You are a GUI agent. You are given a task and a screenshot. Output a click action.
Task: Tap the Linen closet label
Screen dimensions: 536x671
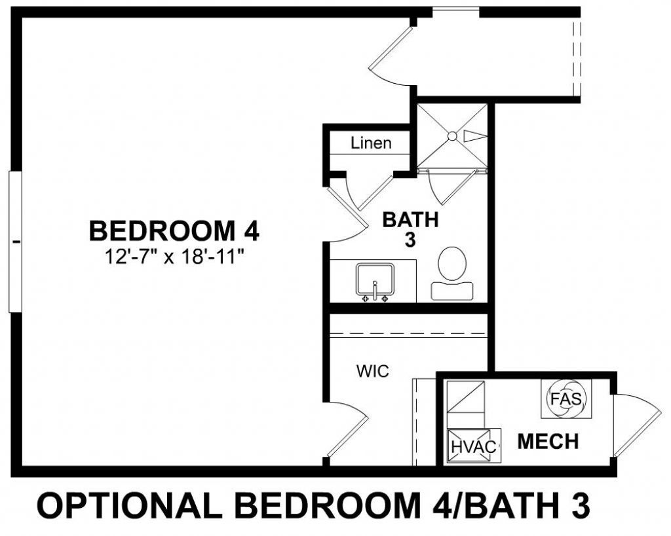coord(371,143)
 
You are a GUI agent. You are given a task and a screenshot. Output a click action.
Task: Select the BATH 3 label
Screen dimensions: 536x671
coord(410,229)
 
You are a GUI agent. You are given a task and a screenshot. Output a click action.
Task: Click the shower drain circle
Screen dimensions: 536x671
coord(451,135)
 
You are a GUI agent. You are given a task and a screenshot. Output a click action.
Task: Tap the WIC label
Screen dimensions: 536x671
coord(373,372)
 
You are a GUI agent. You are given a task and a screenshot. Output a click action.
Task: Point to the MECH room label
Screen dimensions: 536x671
coord(548,442)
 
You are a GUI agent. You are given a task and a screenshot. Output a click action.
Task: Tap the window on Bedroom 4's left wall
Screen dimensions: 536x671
coord(15,241)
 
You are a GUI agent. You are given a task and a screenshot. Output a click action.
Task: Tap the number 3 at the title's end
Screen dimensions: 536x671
coord(577,506)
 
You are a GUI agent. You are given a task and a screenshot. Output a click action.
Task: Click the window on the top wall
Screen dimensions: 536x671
coord(456,12)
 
